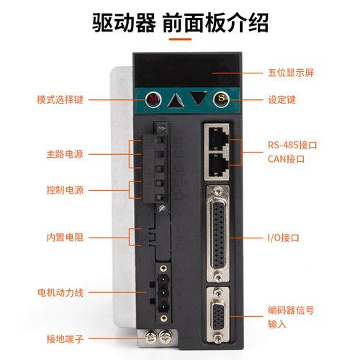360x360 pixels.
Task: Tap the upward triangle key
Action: [x=174, y=99]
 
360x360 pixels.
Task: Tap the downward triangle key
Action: [x=199, y=97]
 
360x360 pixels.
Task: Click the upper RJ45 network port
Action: [x=218, y=135]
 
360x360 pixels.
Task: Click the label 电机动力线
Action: [x=60, y=292]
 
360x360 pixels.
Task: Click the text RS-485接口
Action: [x=288, y=144]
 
